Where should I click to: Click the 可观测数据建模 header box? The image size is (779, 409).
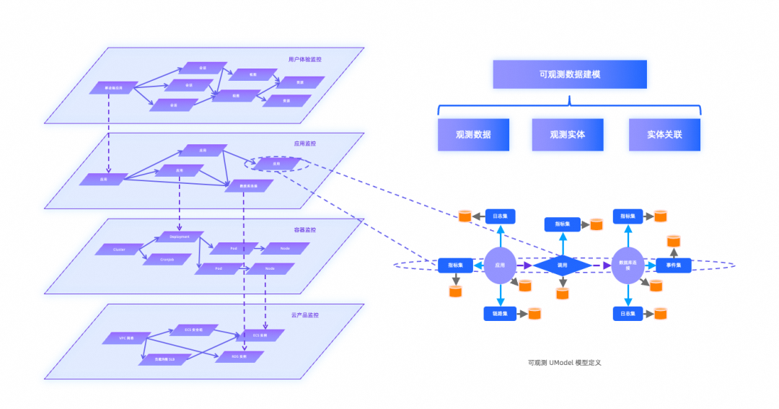(x=569, y=74)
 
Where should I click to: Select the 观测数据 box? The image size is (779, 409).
(x=473, y=135)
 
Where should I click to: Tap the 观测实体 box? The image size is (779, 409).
(x=567, y=135)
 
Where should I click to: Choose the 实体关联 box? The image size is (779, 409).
(x=664, y=135)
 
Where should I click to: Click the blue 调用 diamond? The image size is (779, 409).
(x=563, y=265)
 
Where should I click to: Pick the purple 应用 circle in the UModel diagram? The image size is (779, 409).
(x=499, y=265)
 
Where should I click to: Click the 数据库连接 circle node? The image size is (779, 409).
(x=627, y=265)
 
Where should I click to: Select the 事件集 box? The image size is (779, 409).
(x=674, y=265)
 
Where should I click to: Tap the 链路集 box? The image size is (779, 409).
(x=499, y=314)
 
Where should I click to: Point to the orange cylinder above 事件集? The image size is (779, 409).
(x=674, y=241)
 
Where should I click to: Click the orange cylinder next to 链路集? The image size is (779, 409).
(x=534, y=314)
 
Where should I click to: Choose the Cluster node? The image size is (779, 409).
(x=119, y=250)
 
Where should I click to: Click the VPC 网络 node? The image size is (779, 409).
(x=127, y=338)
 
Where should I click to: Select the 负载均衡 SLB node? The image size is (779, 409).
(x=162, y=359)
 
